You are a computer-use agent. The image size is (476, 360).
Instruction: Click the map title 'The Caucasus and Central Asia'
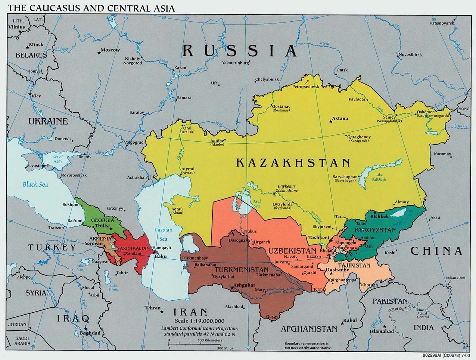click(91, 7)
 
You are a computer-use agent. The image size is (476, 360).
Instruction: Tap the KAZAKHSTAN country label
click(293, 163)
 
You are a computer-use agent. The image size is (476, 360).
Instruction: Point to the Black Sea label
click(35, 184)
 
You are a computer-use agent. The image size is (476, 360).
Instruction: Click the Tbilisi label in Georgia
click(102, 226)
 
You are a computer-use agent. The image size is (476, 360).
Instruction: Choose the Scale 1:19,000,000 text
click(199, 321)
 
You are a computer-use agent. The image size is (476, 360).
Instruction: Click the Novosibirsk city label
click(410, 54)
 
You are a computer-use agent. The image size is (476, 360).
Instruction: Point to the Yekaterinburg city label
click(235, 63)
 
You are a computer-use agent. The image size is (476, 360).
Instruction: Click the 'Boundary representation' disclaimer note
click(306, 345)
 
